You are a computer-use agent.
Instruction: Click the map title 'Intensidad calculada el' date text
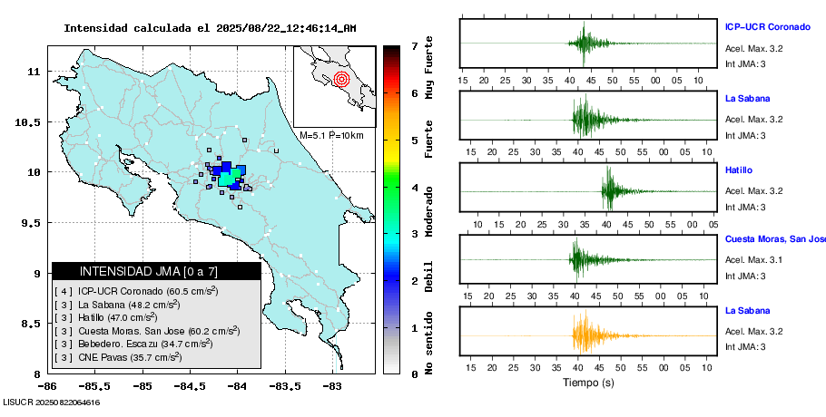point(210,28)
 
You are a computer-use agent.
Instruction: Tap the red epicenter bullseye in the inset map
point(341,79)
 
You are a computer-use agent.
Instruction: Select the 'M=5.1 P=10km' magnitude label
point(331,136)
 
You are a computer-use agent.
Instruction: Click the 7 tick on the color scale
point(414,45)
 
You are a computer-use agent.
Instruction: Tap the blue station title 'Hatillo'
point(739,170)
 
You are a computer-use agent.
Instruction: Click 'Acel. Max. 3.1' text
point(753,260)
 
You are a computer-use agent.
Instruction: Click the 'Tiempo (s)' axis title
point(587,383)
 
